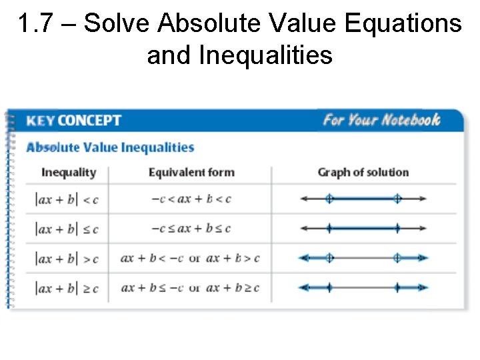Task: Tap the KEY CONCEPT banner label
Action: click(73, 121)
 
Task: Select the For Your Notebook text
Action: click(381, 120)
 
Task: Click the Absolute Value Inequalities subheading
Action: click(110, 147)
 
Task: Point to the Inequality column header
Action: click(69, 173)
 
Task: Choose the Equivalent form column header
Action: click(191, 173)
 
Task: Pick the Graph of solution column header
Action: click(363, 173)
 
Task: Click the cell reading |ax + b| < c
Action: click(67, 199)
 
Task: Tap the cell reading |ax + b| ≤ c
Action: click(67, 229)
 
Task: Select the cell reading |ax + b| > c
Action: click(67, 258)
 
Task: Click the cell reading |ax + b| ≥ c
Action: click(67, 288)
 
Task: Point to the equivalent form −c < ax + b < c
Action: click(191, 199)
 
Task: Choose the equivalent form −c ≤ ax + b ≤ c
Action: click(191, 229)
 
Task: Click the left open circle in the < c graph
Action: click(329, 198)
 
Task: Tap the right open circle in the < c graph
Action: click(397, 198)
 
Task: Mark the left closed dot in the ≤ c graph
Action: click(329, 228)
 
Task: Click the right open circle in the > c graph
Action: click(397, 258)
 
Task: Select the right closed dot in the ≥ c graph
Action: click(397, 287)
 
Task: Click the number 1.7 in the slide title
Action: click(32, 24)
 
